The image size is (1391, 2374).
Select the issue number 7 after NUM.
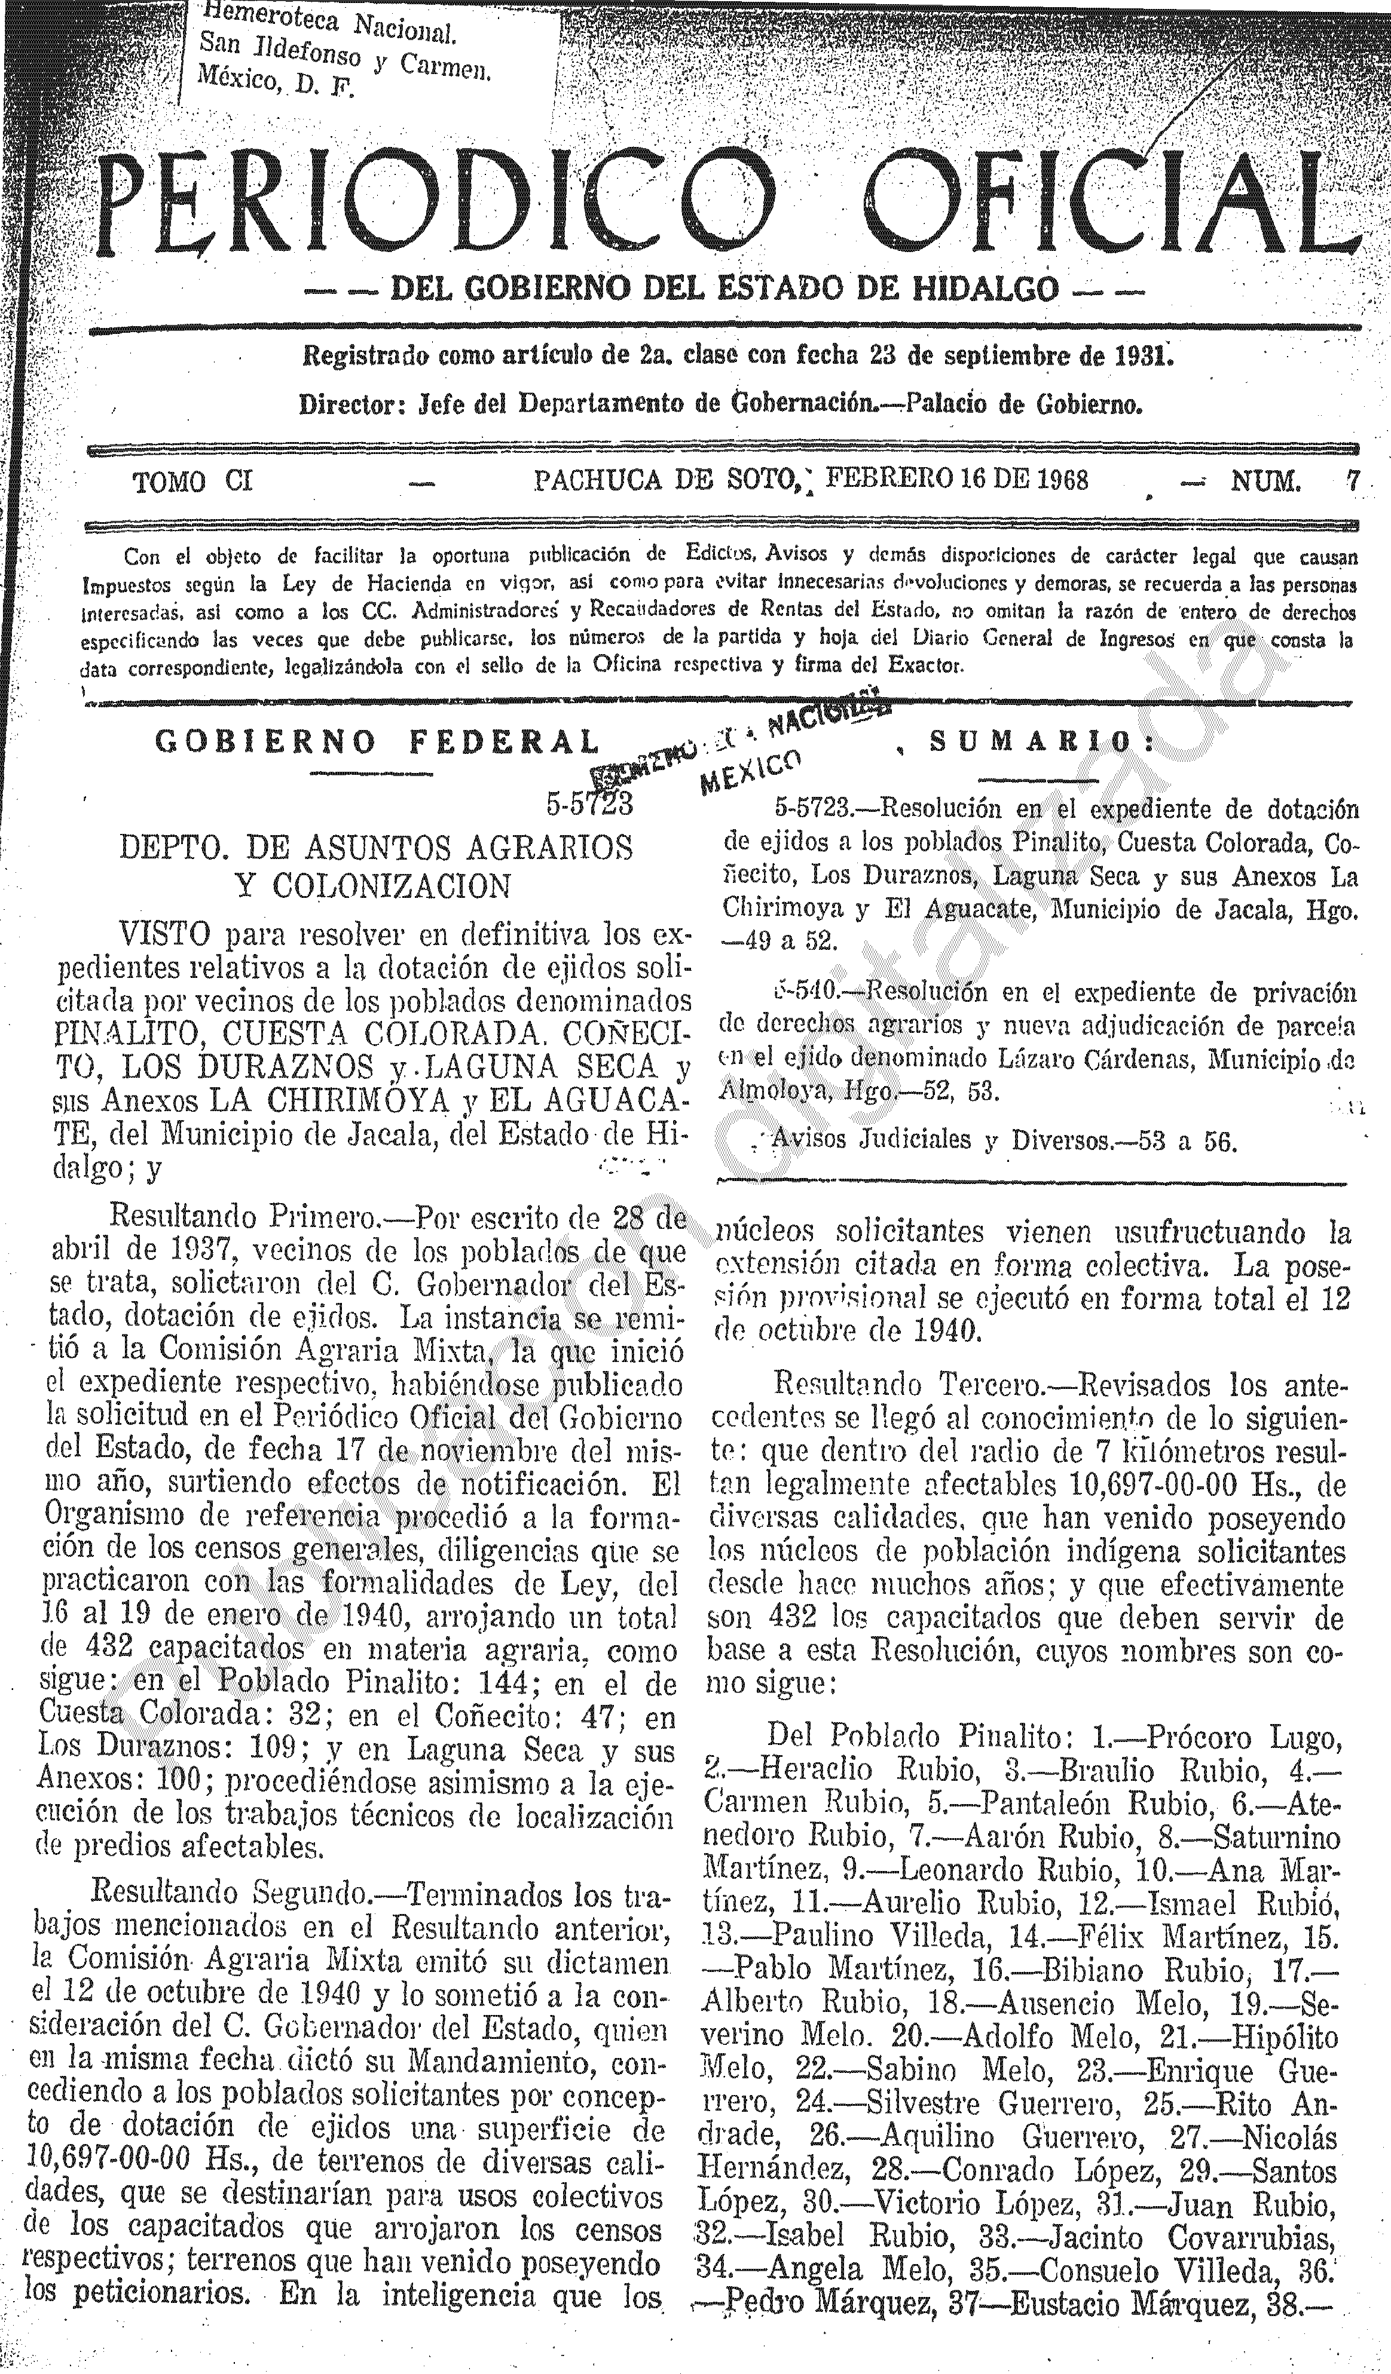click(1352, 481)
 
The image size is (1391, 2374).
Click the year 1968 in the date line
click(1062, 480)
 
